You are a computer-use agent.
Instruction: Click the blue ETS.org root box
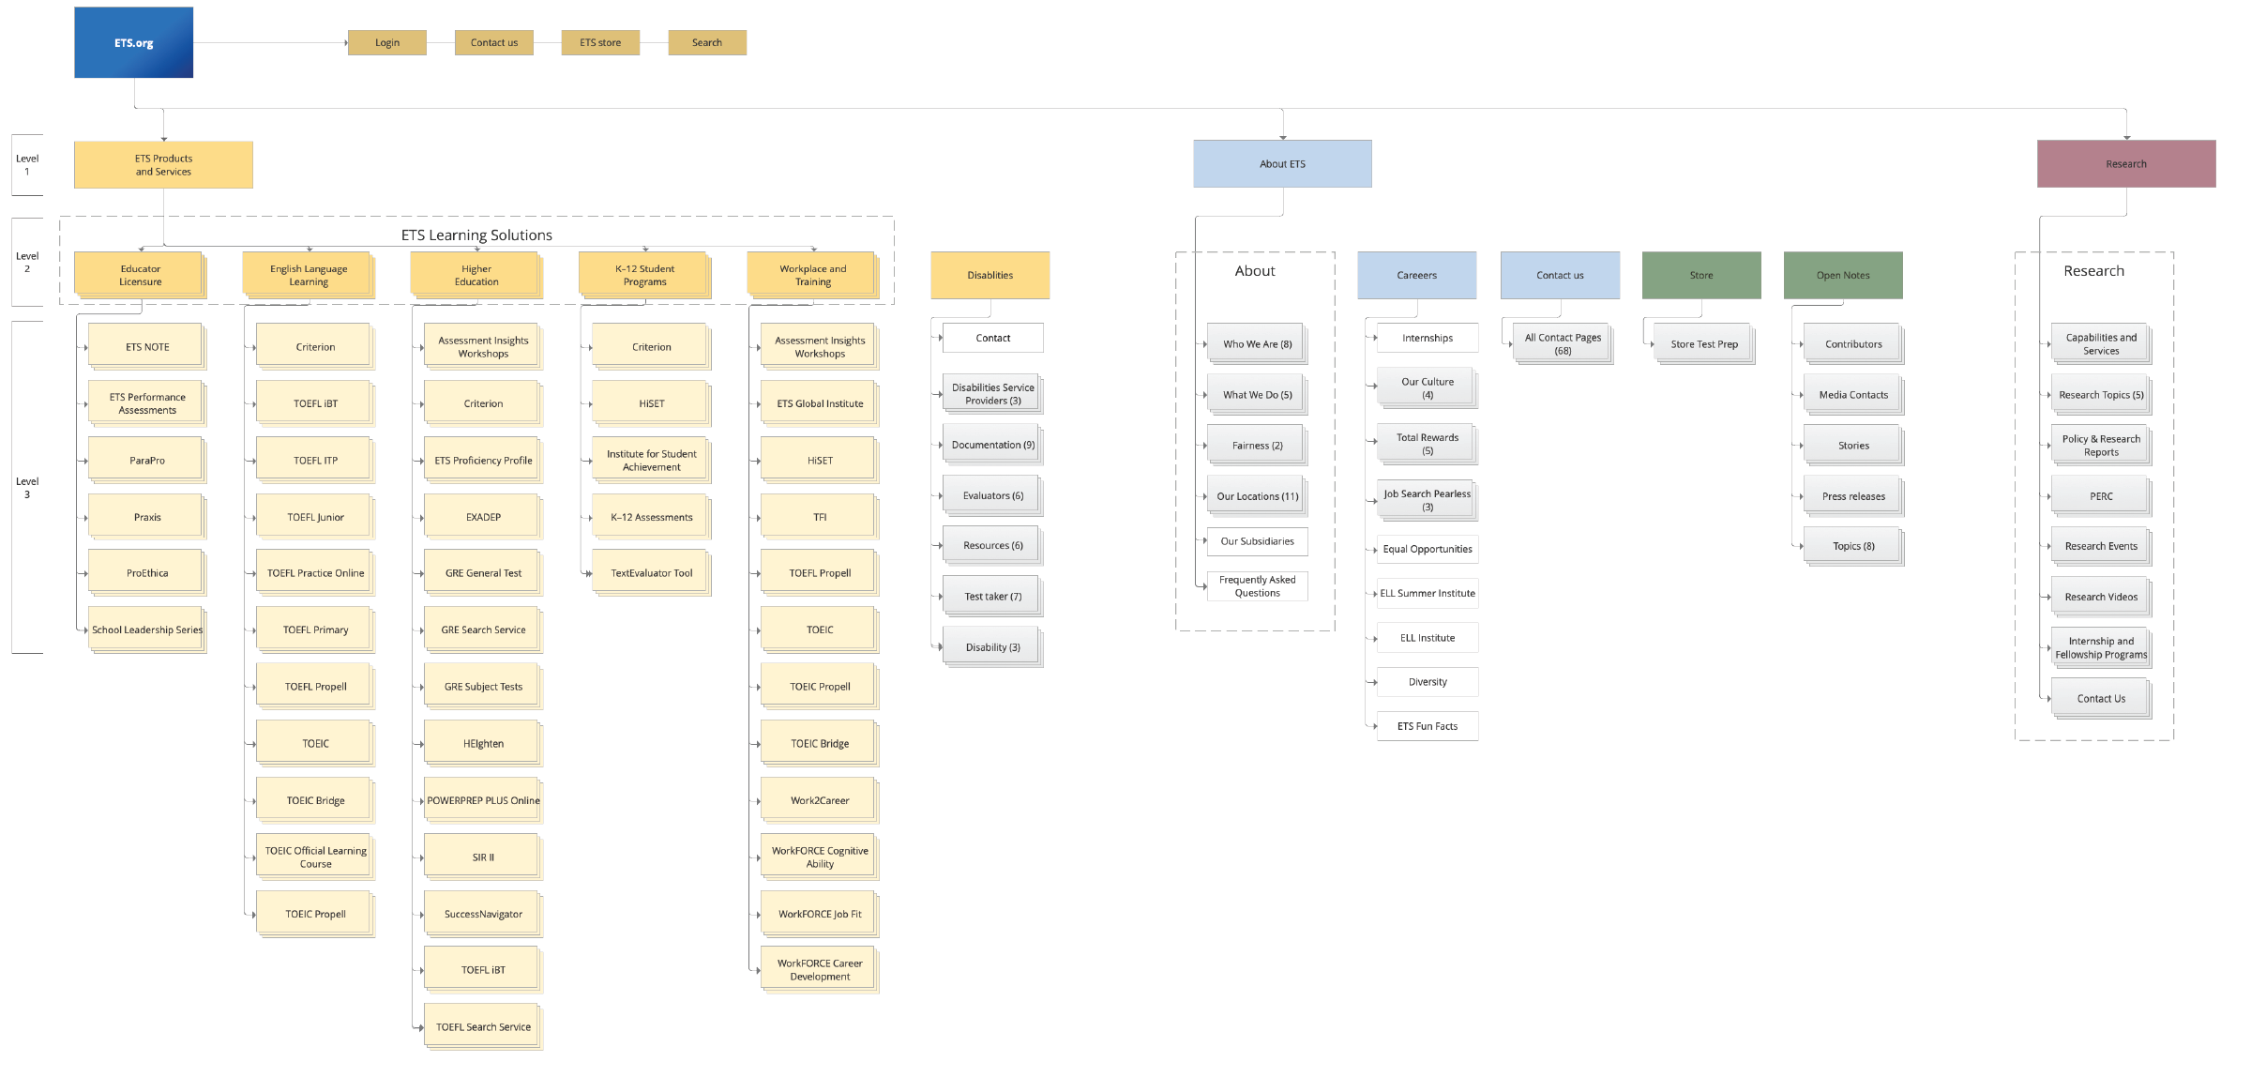tap(133, 43)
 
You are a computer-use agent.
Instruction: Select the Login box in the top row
tap(386, 43)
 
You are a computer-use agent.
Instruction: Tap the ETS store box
tap(600, 43)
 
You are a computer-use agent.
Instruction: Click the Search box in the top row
tap(707, 43)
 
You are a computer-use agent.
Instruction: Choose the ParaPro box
tap(146, 461)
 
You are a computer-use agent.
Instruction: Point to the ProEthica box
tap(146, 573)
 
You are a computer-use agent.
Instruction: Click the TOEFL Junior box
tap(315, 517)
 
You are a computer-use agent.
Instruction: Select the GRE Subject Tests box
tap(483, 687)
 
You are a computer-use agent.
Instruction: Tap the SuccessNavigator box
tap(483, 914)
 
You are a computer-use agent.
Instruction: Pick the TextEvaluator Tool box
tap(651, 573)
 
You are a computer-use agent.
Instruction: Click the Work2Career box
tap(819, 800)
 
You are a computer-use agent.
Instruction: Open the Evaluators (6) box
tap(992, 495)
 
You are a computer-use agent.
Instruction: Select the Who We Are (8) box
tap(1257, 344)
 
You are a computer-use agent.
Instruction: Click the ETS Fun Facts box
tap(1427, 726)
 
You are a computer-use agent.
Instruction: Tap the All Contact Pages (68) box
tap(1563, 344)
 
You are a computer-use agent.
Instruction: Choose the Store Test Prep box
tap(1703, 344)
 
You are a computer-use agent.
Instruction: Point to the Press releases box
tap(1853, 496)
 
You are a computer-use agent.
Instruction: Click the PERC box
tap(2101, 496)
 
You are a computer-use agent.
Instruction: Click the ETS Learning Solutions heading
tap(476, 235)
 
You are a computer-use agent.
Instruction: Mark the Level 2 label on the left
tap(27, 263)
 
